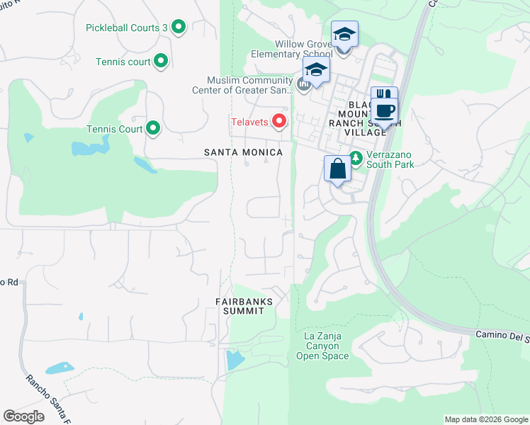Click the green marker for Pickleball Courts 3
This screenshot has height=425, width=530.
pos(179,28)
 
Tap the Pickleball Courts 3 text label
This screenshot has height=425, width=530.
pos(126,28)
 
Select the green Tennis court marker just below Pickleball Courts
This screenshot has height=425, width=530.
pos(161,62)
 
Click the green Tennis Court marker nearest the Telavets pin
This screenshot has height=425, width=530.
pos(153,129)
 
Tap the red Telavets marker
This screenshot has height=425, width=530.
pos(279,122)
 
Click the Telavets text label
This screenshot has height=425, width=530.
pos(248,122)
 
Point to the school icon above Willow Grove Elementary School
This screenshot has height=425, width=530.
pos(344,34)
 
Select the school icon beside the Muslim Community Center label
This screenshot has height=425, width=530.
pos(316,70)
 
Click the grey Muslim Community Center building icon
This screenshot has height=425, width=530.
pos(304,86)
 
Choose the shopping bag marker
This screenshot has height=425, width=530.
pos(337,169)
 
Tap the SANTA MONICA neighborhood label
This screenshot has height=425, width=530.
pos(243,152)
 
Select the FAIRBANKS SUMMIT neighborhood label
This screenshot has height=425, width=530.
pos(244,306)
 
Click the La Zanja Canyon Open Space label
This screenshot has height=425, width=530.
pos(326,346)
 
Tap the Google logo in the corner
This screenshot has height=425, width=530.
pos(23,416)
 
